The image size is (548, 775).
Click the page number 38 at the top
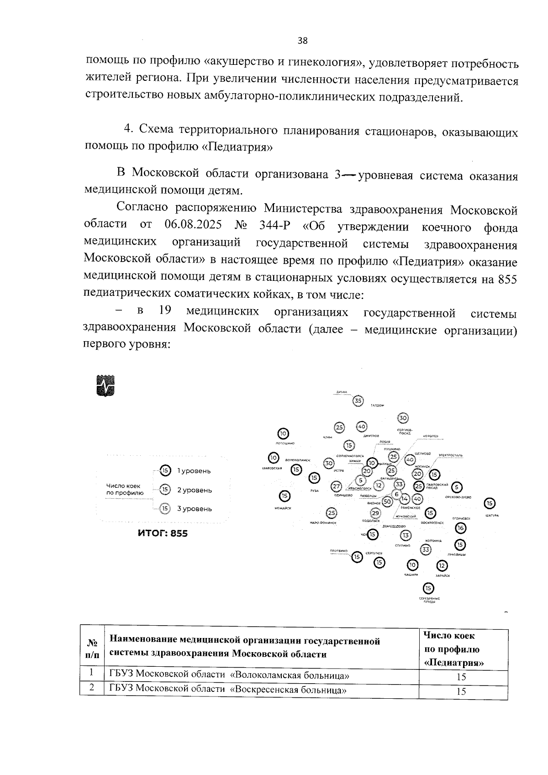(302, 41)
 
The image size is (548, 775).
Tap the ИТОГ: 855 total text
(163, 533)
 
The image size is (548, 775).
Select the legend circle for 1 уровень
(165, 470)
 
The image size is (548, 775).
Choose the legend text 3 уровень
(195, 509)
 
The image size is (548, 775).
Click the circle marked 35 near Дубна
(358, 401)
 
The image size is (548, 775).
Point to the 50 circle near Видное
(387, 501)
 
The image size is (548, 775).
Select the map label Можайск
(283, 508)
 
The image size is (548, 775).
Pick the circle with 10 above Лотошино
(283, 433)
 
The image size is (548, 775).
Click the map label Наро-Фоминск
(323, 522)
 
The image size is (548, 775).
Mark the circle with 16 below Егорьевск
(460, 528)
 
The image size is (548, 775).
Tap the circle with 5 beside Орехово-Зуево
(458, 487)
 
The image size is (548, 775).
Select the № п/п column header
(92, 648)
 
